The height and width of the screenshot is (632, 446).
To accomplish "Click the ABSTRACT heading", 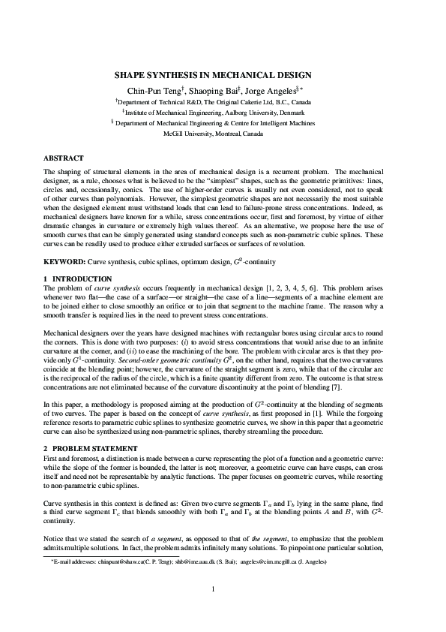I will pos(63,158).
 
